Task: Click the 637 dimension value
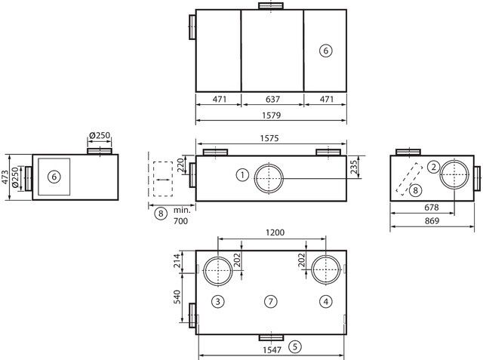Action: [x=272, y=99]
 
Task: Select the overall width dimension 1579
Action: [x=272, y=115]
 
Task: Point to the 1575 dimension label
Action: [x=269, y=138]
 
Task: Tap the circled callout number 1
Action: [x=242, y=175]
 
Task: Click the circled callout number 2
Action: [x=433, y=168]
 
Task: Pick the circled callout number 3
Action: [x=218, y=301]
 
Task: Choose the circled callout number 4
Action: [x=325, y=301]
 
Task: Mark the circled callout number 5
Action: [x=295, y=346]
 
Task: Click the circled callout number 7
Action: [x=270, y=301]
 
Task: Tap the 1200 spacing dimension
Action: [x=275, y=232]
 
